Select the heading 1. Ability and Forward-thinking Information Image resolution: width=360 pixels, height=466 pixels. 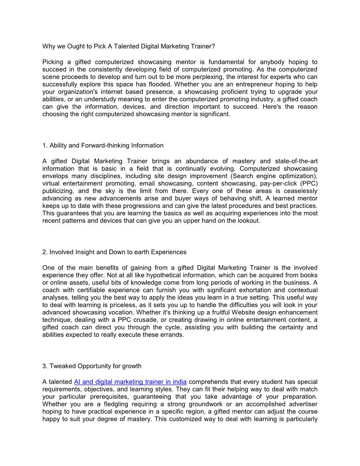pyautogui.click(x=103, y=145)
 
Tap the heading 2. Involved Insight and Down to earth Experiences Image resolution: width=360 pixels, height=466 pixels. pyautogui.click(x=114, y=252)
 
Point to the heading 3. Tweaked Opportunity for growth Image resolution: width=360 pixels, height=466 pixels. pyautogui.click(x=92, y=366)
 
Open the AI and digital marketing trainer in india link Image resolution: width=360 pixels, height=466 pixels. pyautogui.click(x=130, y=381)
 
